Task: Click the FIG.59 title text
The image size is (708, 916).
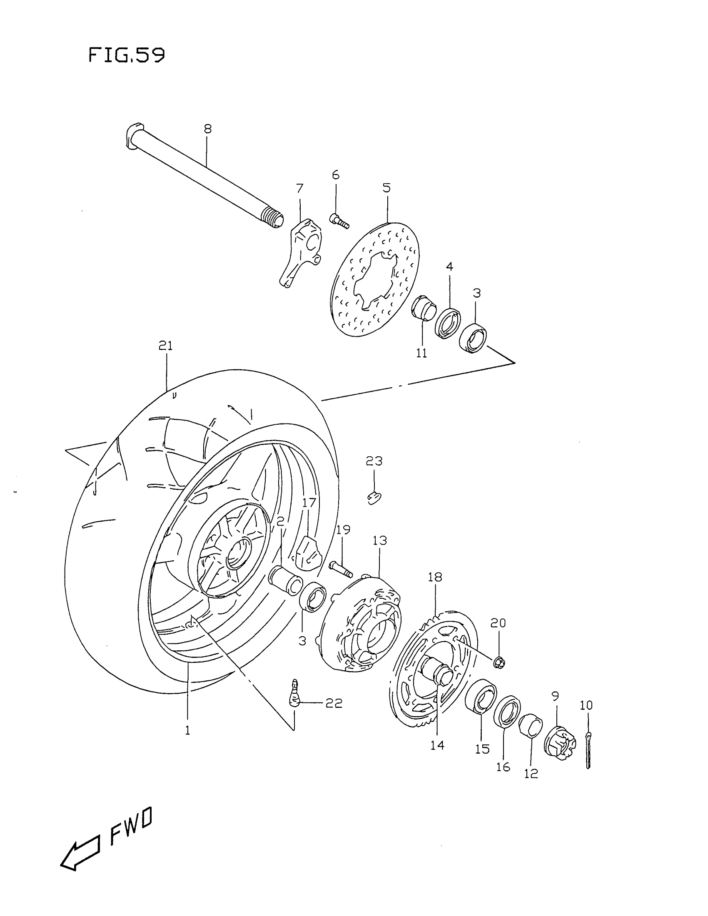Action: click(126, 55)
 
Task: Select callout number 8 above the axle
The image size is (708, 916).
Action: click(208, 129)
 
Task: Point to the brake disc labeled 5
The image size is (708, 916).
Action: click(375, 279)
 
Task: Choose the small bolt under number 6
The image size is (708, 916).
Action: click(339, 221)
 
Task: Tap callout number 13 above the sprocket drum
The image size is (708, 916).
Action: click(379, 540)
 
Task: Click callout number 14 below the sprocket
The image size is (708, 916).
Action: click(437, 745)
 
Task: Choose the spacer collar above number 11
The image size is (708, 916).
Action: click(423, 308)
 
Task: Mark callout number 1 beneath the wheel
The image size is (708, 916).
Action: click(187, 730)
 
